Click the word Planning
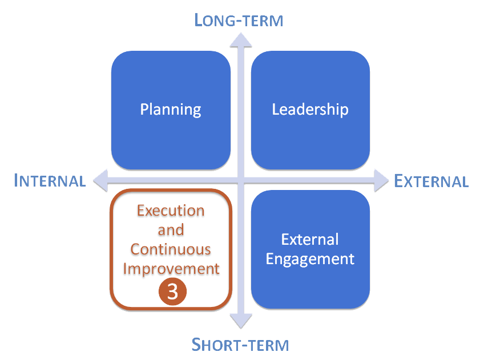[171, 109]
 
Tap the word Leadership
[310, 109]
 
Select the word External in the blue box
[310, 240]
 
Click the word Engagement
[310, 258]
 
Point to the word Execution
[171, 211]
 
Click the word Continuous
[171, 249]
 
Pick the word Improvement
[171, 268]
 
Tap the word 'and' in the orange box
[171, 230]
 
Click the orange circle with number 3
[172, 292]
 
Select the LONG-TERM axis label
[239, 21]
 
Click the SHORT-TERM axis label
[240, 345]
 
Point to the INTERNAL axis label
[50, 181]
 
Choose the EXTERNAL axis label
[431, 181]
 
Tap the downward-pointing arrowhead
[240, 322]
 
